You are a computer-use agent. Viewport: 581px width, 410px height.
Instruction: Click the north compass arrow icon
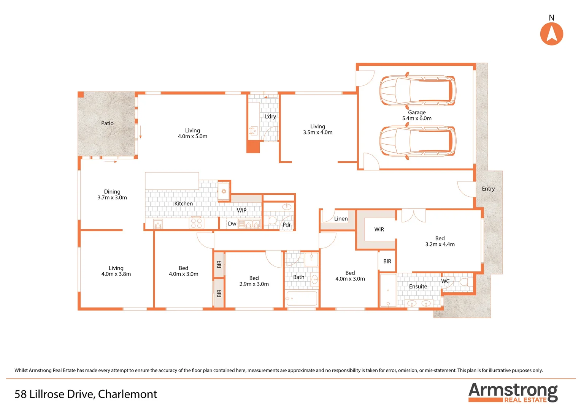tap(551, 34)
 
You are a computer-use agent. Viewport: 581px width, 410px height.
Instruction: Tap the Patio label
tap(107, 123)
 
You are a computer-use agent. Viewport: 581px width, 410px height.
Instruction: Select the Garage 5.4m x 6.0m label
tap(417, 115)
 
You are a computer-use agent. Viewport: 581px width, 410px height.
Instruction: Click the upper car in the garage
tap(417, 91)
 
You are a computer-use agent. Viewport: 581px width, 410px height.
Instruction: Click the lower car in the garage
tap(417, 141)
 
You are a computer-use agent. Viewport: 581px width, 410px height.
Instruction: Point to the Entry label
tap(488, 189)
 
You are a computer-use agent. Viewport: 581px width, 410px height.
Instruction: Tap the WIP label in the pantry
tap(241, 210)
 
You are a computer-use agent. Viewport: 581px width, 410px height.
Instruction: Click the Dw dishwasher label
tap(232, 224)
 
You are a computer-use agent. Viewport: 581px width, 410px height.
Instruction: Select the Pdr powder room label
tap(286, 225)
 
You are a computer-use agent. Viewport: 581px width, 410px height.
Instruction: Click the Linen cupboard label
tap(341, 219)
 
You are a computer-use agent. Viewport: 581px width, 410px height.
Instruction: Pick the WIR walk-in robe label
tap(379, 229)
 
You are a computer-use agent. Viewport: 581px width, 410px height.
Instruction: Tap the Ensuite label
tap(418, 287)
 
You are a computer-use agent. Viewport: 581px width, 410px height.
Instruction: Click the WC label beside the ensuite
tap(445, 281)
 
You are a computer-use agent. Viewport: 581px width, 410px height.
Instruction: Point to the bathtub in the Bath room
tap(302, 298)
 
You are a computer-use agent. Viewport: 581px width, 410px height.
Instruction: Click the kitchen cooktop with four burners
tap(196, 223)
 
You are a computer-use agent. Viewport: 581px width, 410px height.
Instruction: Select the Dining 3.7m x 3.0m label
tap(112, 195)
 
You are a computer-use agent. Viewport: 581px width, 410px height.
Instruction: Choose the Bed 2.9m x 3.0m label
tap(254, 281)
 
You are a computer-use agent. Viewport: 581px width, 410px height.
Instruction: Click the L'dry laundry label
tap(270, 117)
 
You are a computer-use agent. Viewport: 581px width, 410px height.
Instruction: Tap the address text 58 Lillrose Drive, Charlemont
tap(86, 394)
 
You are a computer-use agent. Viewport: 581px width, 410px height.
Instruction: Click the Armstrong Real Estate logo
tap(513, 393)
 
